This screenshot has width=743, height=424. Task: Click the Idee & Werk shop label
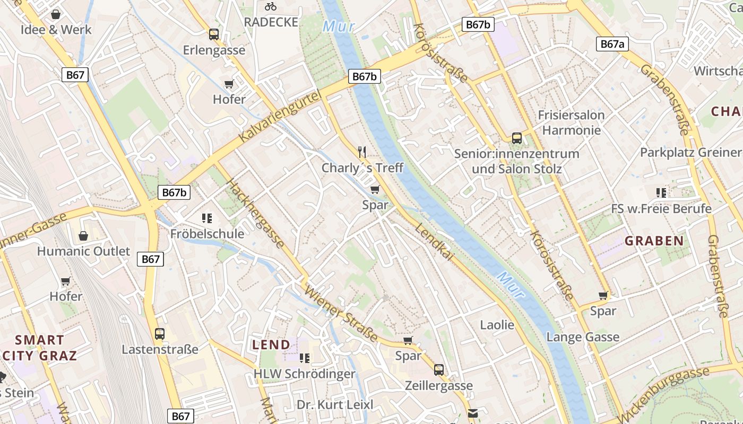[x=56, y=30]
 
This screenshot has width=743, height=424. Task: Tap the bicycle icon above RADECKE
[x=271, y=6]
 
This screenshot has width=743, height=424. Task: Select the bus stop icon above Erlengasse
[x=214, y=34]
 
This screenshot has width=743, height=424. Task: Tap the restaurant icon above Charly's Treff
[x=362, y=153]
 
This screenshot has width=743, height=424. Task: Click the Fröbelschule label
[x=208, y=234]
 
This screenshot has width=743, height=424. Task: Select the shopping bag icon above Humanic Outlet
[x=83, y=235]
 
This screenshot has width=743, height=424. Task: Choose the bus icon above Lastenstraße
[x=160, y=334]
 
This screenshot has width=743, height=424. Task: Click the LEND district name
[x=271, y=344]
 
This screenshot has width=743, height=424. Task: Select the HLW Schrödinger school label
[x=304, y=374]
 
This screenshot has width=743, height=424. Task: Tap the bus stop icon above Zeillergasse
[x=439, y=370]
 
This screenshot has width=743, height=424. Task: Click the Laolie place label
[x=497, y=325]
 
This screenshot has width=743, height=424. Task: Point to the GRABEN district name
[x=654, y=241]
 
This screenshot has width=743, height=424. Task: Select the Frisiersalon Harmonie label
[x=571, y=122]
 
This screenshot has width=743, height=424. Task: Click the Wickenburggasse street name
[x=663, y=392]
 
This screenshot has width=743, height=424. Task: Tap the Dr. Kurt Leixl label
[x=335, y=405]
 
